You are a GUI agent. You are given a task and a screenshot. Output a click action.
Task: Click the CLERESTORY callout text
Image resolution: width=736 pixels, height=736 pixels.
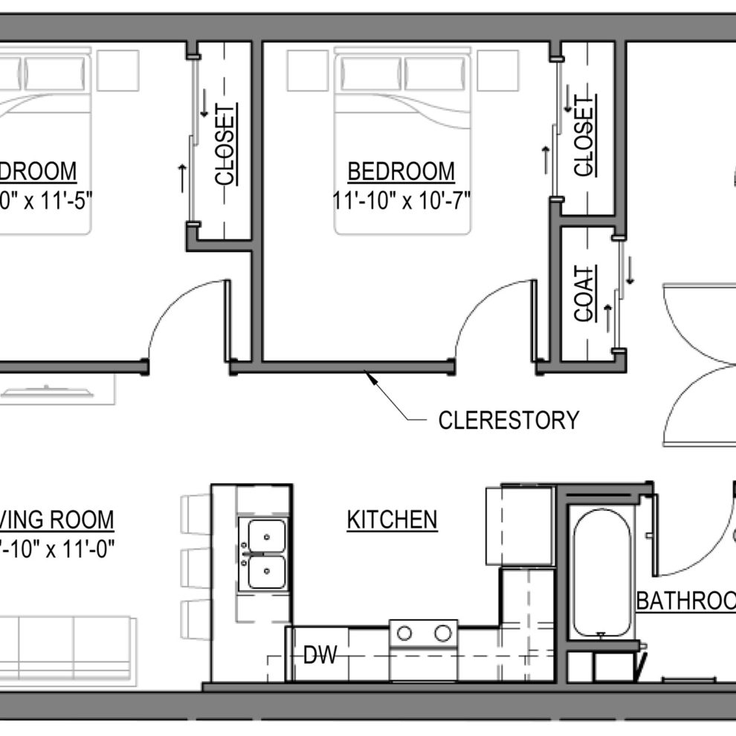point(508,420)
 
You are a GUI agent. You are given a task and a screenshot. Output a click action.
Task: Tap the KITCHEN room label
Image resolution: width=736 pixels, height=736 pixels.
point(392,520)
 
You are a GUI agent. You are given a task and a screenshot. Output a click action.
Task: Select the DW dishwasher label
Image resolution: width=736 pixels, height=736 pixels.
point(320,655)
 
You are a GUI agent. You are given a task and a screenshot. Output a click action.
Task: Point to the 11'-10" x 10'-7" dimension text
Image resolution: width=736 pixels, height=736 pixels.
point(402,201)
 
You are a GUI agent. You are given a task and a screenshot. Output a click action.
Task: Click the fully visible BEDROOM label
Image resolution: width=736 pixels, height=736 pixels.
point(401,172)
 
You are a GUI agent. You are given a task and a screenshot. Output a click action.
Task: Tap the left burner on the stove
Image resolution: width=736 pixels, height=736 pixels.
point(405,633)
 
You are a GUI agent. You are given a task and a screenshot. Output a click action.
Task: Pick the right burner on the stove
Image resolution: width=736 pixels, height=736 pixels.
point(443,633)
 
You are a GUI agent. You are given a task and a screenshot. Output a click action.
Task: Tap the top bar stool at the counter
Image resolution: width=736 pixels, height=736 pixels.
point(196,514)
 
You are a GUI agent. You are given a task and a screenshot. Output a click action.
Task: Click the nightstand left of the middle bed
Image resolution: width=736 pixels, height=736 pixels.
point(307,70)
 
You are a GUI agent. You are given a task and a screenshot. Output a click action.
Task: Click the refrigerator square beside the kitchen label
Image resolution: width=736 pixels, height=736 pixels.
point(518,526)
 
